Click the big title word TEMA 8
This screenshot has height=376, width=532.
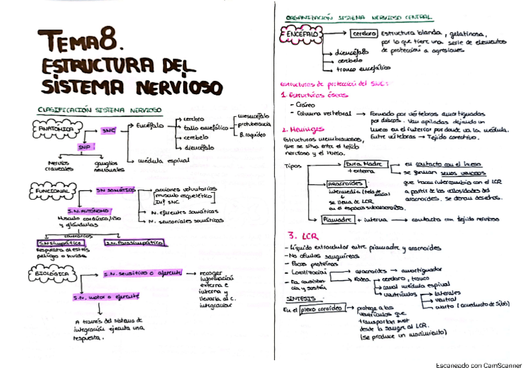pyautogui.click(x=80, y=43)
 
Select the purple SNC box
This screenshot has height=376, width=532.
pyautogui.click(x=109, y=131)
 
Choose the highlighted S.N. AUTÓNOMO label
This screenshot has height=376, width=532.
pyautogui.click(x=88, y=210)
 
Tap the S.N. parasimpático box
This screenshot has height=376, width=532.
pyautogui.click(x=134, y=242)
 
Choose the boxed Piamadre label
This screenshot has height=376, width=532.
pyautogui.click(x=338, y=219)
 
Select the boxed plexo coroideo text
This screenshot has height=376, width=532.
pyautogui.click(x=321, y=309)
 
